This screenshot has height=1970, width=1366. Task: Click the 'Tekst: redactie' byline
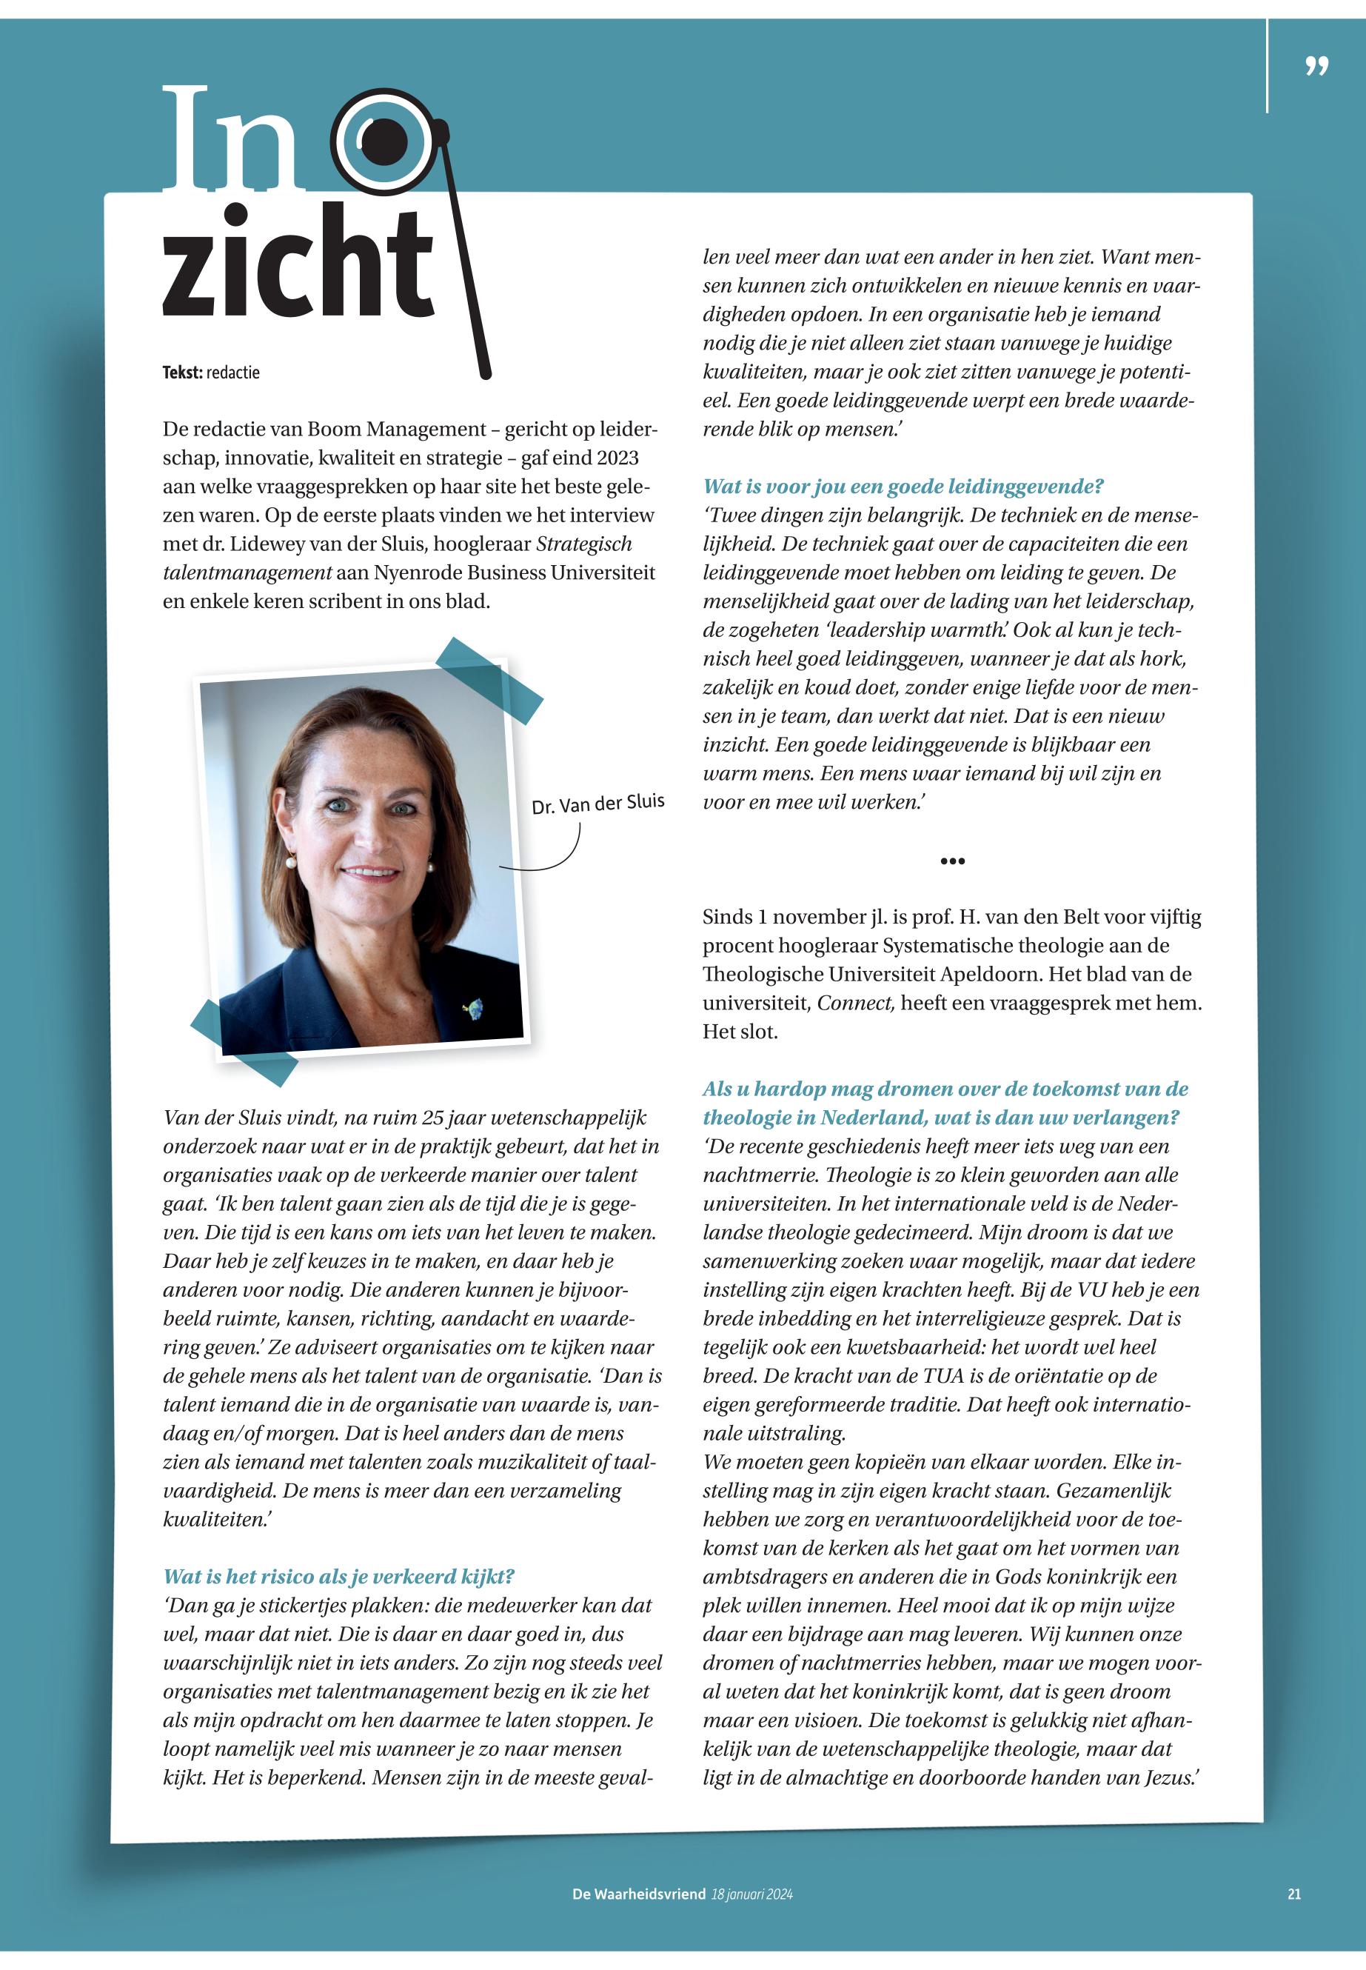click(210, 373)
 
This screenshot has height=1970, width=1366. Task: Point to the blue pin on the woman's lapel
click(472, 1008)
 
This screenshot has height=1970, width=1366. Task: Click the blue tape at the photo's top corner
click(489, 680)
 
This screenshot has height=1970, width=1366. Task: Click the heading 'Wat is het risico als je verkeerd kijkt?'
click(339, 1576)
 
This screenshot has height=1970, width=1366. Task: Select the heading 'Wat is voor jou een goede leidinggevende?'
click(903, 487)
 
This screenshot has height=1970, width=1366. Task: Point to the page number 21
click(1293, 1894)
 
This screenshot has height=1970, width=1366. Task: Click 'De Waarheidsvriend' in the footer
click(638, 1894)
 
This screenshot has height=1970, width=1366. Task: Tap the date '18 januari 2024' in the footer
click(751, 1894)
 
